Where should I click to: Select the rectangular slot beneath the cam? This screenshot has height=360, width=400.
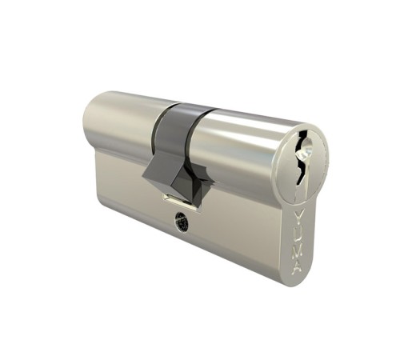point(178,196)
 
